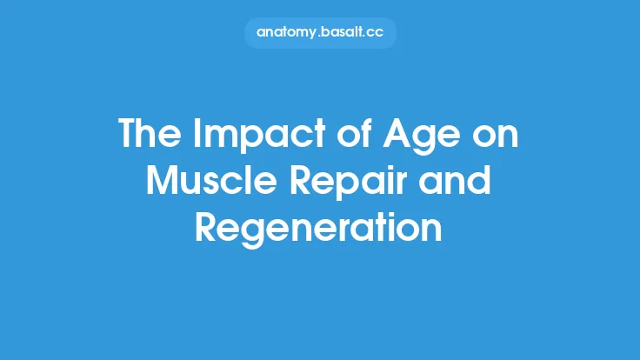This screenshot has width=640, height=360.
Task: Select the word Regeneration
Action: click(320, 227)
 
